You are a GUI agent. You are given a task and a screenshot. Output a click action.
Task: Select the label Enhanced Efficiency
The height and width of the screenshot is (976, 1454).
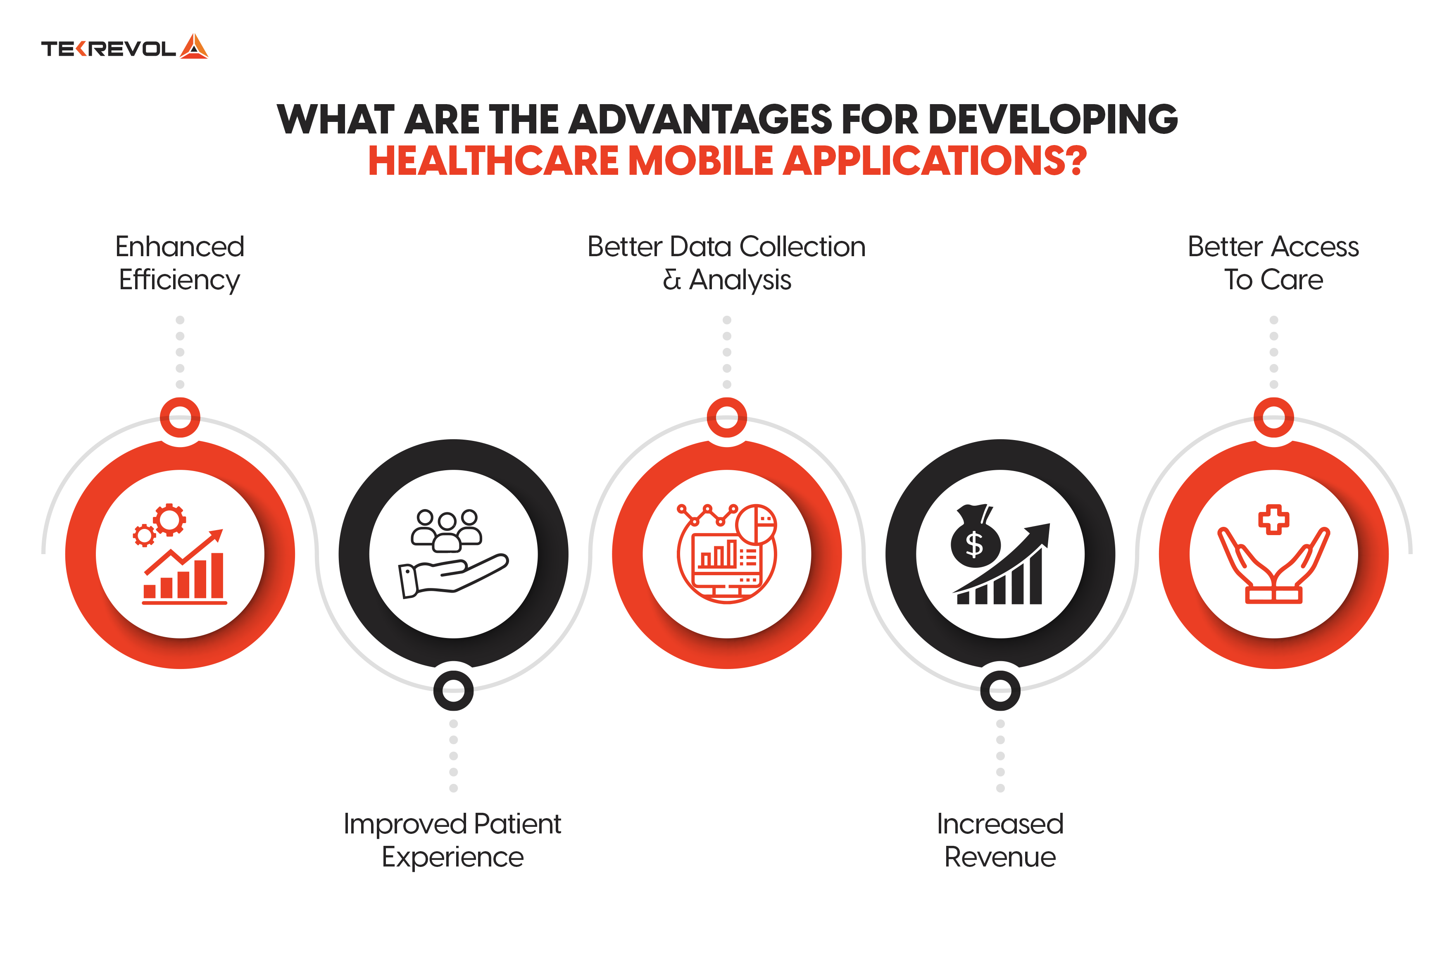pos(180,263)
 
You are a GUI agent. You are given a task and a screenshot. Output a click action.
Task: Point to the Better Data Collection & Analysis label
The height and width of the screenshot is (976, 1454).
pos(726,263)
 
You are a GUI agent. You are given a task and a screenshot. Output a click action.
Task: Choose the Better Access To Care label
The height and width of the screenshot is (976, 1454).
pos(1273,263)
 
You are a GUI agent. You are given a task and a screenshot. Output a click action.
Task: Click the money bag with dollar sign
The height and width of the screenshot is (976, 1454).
pos(975,539)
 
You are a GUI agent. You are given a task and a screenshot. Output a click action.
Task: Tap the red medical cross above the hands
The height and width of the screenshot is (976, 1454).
pos(1273,519)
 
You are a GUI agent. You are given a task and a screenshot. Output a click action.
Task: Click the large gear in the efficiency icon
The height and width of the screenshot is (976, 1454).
pos(169,520)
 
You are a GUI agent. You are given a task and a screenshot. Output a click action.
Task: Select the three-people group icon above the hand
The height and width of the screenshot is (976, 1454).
pos(446,530)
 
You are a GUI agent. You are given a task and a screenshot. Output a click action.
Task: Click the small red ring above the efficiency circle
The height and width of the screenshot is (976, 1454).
pos(180,417)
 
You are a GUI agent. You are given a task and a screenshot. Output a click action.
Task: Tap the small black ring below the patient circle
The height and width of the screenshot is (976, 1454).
pos(453,690)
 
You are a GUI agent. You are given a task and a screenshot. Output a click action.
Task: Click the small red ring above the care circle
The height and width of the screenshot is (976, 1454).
pos(1273,417)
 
